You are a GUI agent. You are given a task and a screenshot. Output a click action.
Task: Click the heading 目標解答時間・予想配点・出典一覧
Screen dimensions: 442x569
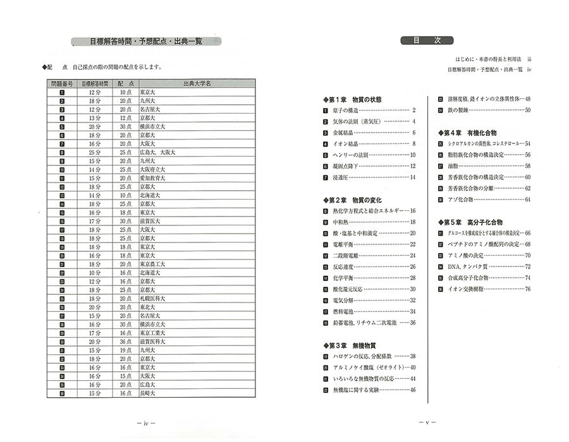pos(145,42)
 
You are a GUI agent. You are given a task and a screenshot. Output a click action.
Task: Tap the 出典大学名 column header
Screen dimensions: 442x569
pos(197,83)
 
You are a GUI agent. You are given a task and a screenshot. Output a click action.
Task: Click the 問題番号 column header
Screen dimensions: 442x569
pos(62,83)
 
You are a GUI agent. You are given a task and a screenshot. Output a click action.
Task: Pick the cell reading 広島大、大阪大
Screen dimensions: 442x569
pos(157,152)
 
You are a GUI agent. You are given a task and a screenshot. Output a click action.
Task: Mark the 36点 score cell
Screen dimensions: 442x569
pos(126,341)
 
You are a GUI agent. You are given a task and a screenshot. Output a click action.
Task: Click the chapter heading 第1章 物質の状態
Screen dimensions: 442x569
pos(353,99)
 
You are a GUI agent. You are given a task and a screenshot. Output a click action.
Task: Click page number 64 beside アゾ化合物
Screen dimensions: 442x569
pos(527,200)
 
